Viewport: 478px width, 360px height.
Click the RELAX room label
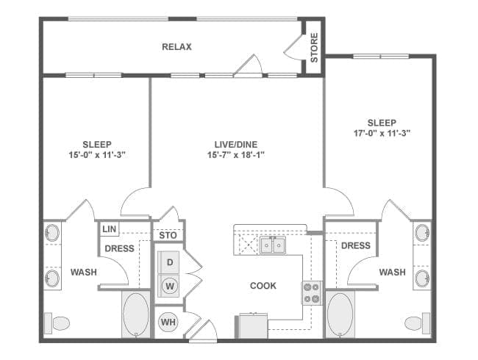tap(176, 47)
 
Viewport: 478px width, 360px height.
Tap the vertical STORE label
tap(314, 48)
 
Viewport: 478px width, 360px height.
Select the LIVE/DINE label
tap(236, 144)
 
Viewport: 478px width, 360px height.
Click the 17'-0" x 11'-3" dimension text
tap(382, 133)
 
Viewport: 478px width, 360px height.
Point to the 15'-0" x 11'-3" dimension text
tap(97, 155)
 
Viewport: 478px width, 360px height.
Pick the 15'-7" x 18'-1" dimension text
tap(236, 155)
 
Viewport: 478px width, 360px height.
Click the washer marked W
tap(170, 286)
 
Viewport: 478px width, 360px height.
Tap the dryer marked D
tap(169, 262)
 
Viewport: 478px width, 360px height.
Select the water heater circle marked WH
tap(168, 323)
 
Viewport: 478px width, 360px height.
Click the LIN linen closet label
tap(110, 229)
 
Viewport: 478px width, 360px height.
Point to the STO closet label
tap(168, 235)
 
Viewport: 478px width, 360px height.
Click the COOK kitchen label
tap(263, 286)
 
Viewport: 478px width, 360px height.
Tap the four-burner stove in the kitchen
tap(312, 292)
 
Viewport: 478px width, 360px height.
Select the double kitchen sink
tap(273, 245)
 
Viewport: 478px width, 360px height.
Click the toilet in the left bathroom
tap(57, 323)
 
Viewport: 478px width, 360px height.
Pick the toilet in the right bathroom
tap(418, 323)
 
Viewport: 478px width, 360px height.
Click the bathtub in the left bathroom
tap(136, 314)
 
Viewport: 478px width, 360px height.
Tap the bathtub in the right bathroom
tap(340, 314)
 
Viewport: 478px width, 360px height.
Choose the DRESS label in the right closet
tap(356, 245)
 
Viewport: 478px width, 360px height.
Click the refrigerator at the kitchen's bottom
tap(252, 325)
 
